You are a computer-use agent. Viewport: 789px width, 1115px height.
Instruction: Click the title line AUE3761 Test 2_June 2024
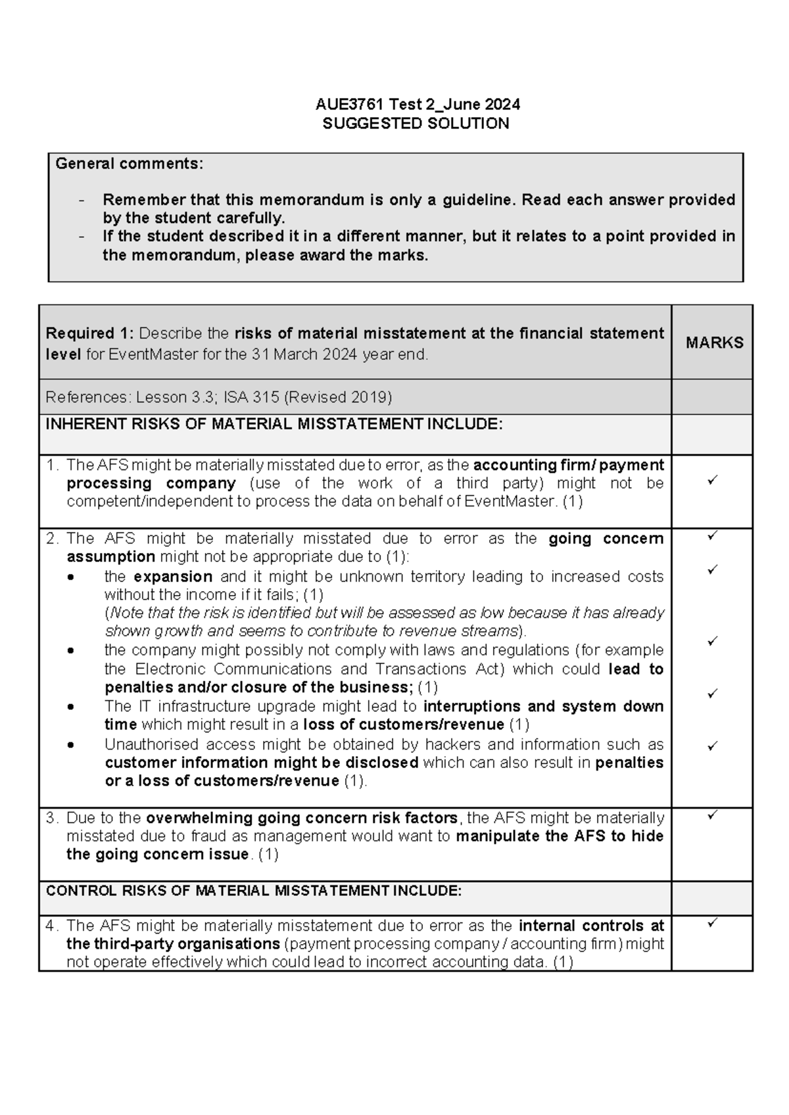(x=417, y=105)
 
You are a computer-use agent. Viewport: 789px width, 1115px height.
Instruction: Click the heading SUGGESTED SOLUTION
(x=416, y=124)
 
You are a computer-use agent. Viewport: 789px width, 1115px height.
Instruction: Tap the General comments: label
(x=129, y=164)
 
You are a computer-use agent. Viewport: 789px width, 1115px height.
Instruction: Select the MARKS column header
(x=714, y=343)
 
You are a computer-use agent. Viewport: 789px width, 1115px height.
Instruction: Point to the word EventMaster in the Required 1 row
(x=153, y=355)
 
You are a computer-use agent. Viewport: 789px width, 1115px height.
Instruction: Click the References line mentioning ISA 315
(x=218, y=397)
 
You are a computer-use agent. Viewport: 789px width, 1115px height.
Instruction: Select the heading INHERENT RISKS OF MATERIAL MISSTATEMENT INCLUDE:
(x=274, y=425)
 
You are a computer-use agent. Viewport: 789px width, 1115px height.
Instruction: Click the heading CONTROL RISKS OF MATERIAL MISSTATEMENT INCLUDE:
(x=253, y=891)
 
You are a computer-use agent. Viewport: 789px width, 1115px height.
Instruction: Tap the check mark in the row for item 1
(x=711, y=481)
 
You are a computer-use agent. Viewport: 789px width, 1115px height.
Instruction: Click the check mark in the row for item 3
(x=711, y=815)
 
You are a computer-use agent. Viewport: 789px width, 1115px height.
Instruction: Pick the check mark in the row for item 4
(x=711, y=923)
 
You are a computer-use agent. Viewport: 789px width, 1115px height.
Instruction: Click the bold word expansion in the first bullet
(x=172, y=577)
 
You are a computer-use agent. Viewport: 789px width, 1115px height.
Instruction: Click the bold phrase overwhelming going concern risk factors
(x=301, y=818)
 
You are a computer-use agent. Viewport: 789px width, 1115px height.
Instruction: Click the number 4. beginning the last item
(x=52, y=926)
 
